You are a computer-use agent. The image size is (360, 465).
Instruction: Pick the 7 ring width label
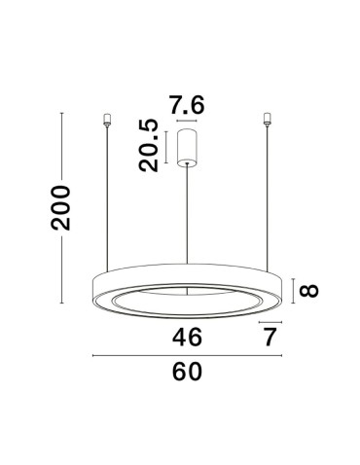pos(270,337)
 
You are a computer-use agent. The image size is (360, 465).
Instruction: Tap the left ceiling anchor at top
pos(106,122)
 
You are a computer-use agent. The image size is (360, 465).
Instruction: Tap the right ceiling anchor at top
pos(266,122)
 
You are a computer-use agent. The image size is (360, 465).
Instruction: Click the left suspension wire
pos(106,195)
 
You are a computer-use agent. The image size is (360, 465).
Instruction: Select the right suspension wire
pos(266,195)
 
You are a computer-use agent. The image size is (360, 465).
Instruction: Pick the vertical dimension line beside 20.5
pos(167,147)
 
